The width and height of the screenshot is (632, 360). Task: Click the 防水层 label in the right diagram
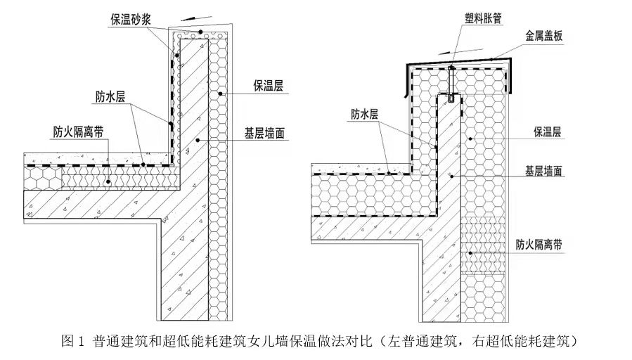click(x=365, y=113)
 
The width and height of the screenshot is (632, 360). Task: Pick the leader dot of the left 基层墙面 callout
click(x=199, y=141)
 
